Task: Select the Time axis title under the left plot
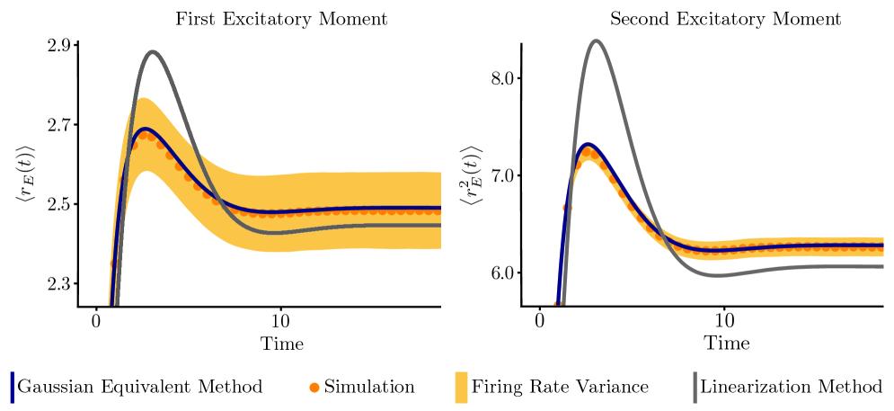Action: coord(282,344)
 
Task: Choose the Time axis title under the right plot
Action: coord(726,344)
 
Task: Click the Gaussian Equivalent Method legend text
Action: coord(142,387)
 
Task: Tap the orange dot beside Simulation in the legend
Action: coord(314,388)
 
